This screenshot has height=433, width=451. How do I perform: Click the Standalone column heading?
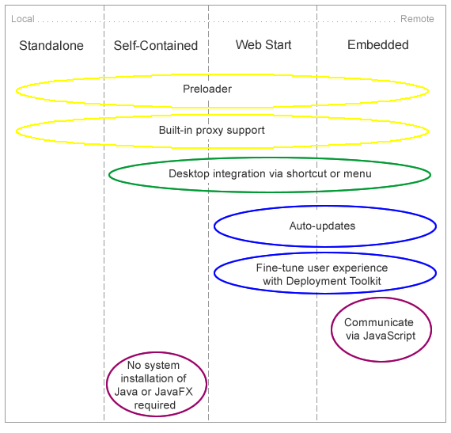tap(51, 46)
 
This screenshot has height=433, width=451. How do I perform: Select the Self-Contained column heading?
tap(156, 46)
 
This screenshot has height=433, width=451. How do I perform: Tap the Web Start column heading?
tap(263, 45)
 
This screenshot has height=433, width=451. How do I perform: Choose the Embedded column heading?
tap(378, 45)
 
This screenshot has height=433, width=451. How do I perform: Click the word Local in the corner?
tap(22, 19)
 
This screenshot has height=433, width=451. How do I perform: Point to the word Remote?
tap(417, 19)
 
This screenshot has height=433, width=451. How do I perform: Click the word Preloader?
tap(207, 89)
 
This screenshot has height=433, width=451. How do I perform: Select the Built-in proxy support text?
tap(212, 130)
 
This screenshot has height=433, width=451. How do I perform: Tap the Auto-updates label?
tap(322, 226)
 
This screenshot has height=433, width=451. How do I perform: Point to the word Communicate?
tap(378, 322)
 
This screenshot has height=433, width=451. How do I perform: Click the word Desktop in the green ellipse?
tap(187, 173)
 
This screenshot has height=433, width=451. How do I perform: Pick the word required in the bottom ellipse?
tap(155, 405)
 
